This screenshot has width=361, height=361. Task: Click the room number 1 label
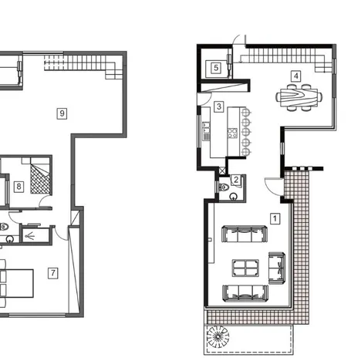pos(275,218)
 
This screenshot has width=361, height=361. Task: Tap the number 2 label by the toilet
pos(236,181)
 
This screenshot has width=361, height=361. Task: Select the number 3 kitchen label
pos(219,106)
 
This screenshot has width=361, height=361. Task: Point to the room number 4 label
pos(295,76)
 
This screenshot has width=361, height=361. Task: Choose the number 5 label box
pos(216,68)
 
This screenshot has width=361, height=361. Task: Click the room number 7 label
pos(52,272)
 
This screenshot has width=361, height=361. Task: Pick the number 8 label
pos(18,186)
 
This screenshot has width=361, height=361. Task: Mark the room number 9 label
pos(62,113)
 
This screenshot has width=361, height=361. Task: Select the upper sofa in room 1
pos(245,234)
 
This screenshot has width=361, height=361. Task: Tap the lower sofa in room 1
pos(245,292)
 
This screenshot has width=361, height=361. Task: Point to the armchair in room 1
pos(277,266)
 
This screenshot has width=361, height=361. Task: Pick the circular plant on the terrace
pos(219,336)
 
